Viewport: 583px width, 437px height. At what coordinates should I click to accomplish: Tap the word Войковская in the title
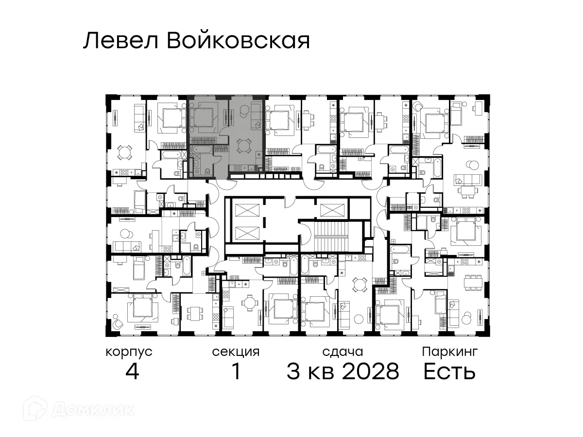coord(238,41)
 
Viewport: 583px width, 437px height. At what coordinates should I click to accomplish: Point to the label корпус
coord(129,352)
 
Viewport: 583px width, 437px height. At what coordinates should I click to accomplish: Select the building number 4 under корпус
coord(132,372)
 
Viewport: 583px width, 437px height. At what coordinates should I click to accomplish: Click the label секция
coord(236,352)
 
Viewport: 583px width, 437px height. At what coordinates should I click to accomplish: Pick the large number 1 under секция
coord(236,372)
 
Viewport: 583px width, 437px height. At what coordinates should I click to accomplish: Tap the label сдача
coord(343,352)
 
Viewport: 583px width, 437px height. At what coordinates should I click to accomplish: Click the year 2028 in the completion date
coord(371,372)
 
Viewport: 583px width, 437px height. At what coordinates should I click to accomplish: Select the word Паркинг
coord(450,352)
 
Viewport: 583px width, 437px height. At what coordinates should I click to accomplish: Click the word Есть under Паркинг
coord(449,372)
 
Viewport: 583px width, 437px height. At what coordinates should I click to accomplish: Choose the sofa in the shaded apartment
coord(256,117)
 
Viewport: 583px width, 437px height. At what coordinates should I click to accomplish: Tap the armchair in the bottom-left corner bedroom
coord(117,325)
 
